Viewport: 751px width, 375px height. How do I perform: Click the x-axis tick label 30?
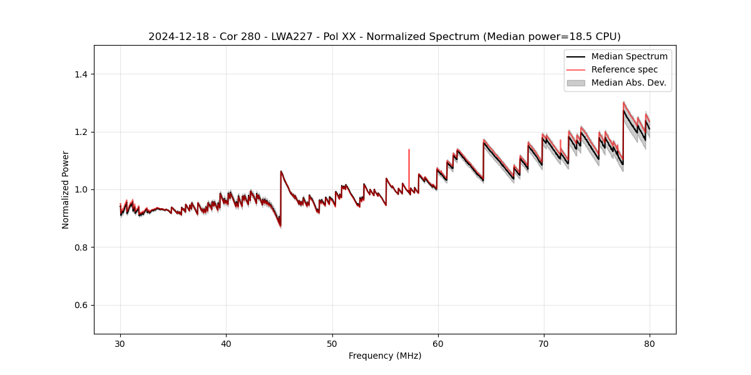coord(120,343)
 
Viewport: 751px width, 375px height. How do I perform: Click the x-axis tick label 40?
coord(226,343)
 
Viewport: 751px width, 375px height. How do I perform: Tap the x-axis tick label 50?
coord(332,343)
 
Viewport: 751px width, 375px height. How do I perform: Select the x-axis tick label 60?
coord(438,343)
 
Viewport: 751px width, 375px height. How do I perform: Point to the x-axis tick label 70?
coord(544,343)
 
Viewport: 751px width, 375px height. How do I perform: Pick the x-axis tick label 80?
coord(650,343)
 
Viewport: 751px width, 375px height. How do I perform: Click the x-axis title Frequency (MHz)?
coord(385,356)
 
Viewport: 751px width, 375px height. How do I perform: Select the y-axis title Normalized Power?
coord(66,189)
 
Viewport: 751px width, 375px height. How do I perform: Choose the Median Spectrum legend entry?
coord(629,56)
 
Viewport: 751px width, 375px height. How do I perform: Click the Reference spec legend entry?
coord(625,69)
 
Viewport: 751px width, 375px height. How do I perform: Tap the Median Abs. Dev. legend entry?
coord(628,82)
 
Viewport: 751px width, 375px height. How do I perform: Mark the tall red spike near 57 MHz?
coord(409,156)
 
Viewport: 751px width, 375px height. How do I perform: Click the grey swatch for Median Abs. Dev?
coord(576,82)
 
